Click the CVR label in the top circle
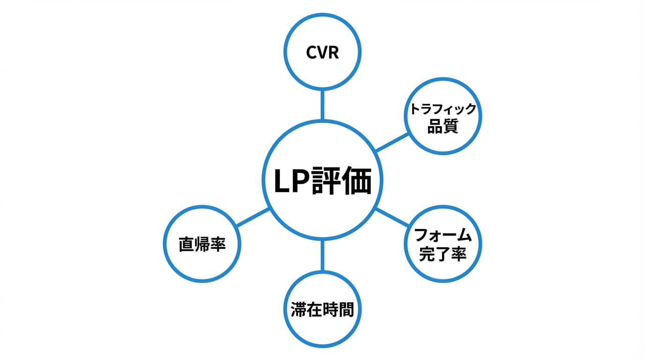point(322,52)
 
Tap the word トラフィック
point(443,109)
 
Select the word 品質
point(443,127)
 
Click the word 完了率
point(443,254)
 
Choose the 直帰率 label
point(202,245)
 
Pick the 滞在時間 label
point(322,310)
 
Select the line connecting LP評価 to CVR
point(322,105)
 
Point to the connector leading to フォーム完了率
point(392,218)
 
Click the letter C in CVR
point(312,52)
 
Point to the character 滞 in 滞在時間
point(299,310)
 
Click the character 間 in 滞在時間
point(346,310)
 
